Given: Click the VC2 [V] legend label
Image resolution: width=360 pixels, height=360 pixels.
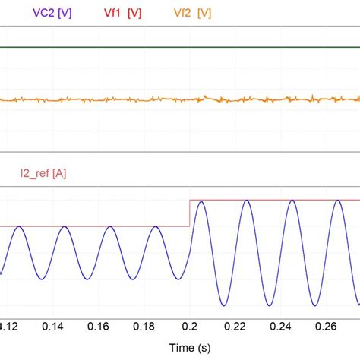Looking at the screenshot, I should [52, 14].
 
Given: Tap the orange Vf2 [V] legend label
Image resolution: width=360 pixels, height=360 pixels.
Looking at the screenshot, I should [193, 14].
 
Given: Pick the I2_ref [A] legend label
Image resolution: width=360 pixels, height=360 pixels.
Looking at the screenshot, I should [43, 174].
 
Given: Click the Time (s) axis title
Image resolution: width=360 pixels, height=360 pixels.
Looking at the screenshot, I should [180, 346].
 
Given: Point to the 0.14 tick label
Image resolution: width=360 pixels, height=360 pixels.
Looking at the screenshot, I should [53, 327].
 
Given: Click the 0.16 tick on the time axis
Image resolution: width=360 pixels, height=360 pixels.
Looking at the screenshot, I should [99, 327].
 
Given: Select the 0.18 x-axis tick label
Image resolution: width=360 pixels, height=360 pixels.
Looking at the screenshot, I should [144, 327].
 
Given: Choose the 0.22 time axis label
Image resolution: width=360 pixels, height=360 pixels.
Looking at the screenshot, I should [232, 327].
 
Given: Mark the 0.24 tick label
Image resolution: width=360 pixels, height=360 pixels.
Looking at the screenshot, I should [278, 327].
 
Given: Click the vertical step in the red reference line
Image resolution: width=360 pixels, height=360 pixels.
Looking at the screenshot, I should [189, 213].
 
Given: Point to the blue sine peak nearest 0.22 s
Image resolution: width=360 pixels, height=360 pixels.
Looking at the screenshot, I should [245, 201].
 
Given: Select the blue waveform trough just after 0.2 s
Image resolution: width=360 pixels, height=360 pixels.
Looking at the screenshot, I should [223, 305].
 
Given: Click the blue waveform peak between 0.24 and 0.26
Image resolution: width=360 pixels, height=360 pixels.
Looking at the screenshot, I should [291, 201].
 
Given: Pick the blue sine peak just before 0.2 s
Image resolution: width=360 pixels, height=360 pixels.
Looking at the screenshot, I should [155, 226].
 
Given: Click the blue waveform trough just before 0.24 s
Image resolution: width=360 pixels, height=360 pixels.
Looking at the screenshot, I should [268, 305].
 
